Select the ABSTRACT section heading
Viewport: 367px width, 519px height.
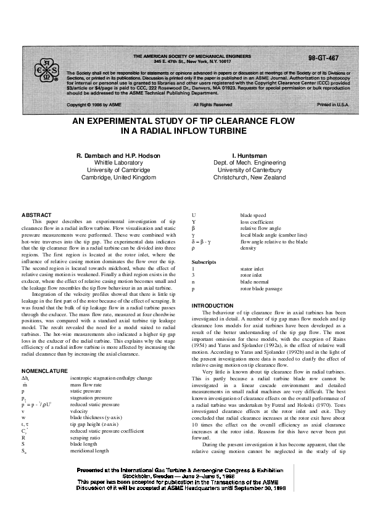click(x=34, y=214)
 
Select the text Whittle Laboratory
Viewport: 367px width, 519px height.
click(x=116, y=161)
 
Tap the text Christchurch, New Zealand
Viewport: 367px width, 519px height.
click(x=249, y=177)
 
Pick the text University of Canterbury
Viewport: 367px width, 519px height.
click(x=249, y=170)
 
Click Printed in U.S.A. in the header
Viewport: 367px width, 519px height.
click(x=332, y=105)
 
